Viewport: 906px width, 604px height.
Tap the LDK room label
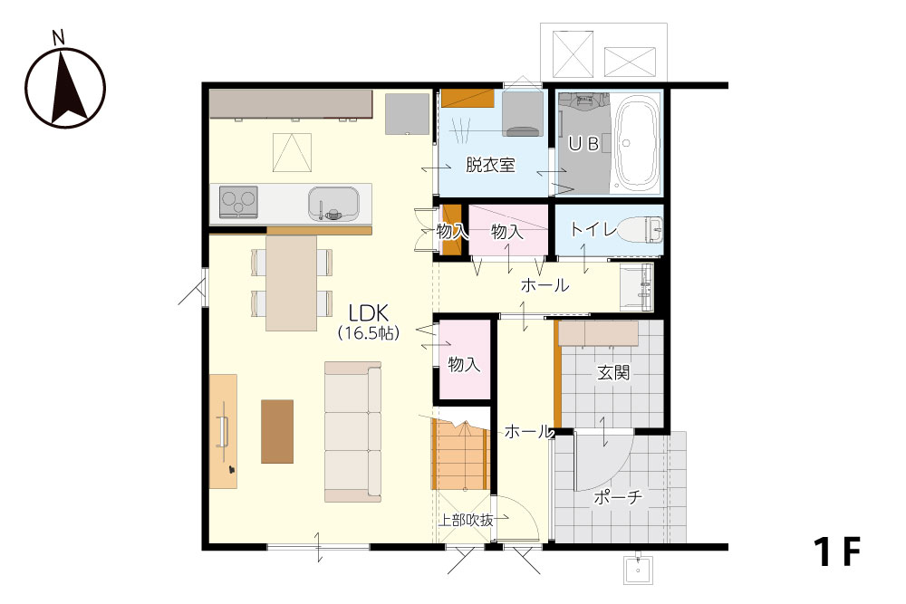[x=369, y=313]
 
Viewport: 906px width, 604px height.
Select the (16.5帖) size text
[x=369, y=333]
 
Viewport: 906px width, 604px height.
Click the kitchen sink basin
[x=333, y=203]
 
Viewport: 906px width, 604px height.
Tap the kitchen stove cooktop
[x=238, y=202]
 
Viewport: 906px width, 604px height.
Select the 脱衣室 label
[x=490, y=166]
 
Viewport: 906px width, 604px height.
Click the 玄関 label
[x=613, y=372]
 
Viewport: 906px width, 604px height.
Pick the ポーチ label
[x=618, y=496]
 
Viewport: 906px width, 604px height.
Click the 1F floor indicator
[x=838, y=551]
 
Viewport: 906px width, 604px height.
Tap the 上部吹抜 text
[x=467, y=521]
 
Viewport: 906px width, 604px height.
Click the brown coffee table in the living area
[x=277, y=431]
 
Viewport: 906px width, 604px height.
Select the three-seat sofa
[x=353, y=431]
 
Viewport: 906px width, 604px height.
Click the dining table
[x=291, y=283]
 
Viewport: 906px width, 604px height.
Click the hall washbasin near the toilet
[x=636, y=287]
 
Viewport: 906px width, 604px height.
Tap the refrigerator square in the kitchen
[x=408, y=114]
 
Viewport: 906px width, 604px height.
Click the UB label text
[x=583, y=144]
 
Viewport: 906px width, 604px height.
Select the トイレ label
[x=593, y=229]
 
